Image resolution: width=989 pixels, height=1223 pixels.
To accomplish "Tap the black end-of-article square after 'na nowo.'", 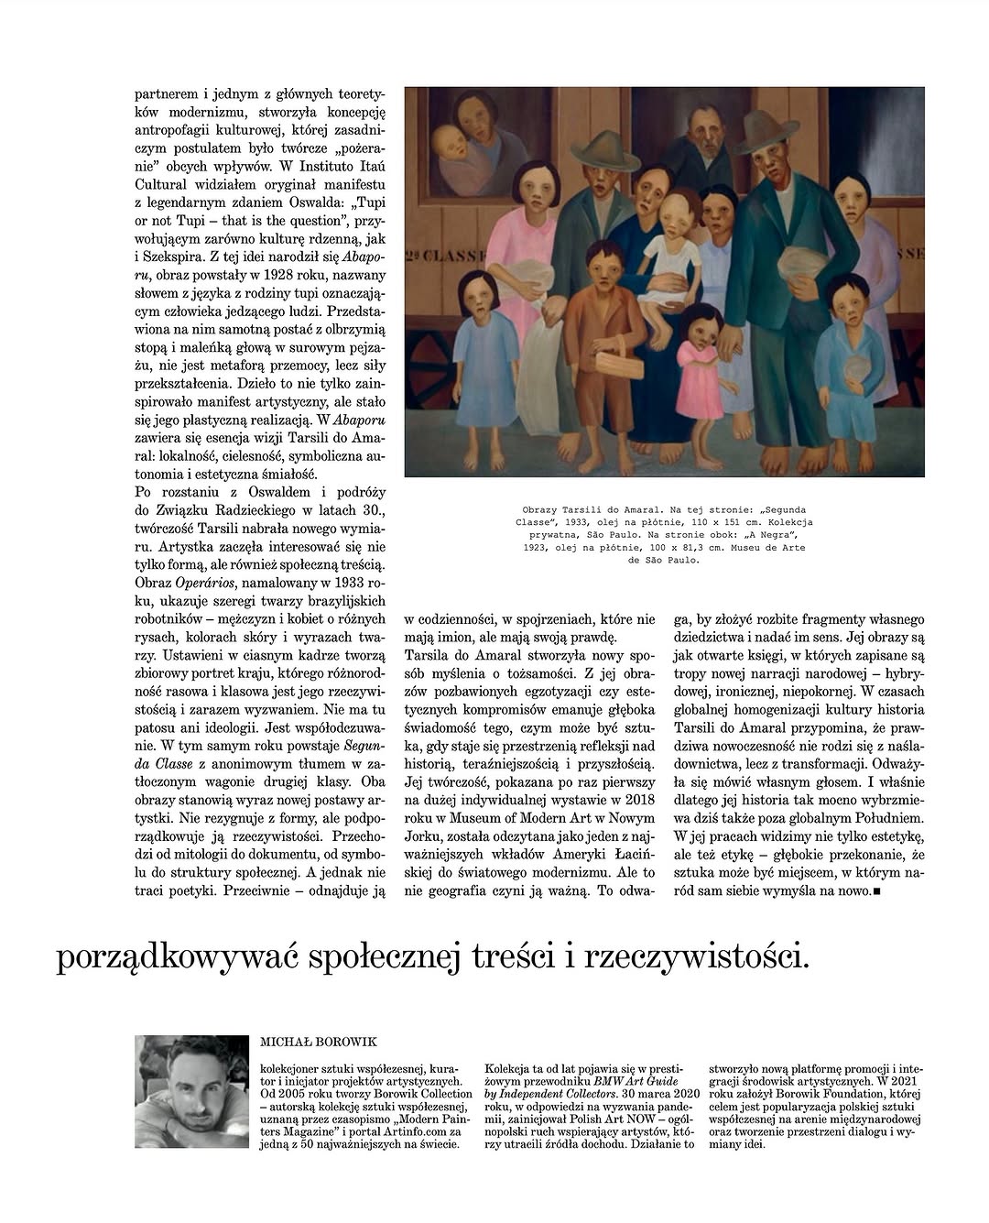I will click(x=878, y=890).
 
